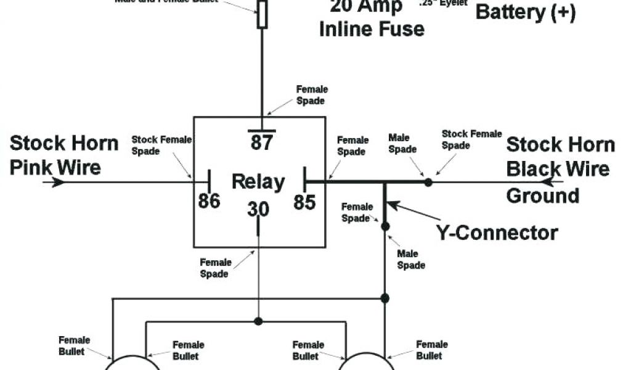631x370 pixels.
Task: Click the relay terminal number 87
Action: pos(261,142)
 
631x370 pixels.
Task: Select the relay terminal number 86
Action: pos(210,200)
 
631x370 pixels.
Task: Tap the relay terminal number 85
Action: pos(304,202)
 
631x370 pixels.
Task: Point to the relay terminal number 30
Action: pos(258,210)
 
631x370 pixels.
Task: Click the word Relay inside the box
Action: pos(258,183)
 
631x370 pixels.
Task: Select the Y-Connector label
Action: pos(497,232)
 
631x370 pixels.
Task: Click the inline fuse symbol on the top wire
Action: pos(263,14)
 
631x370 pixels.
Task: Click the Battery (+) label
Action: pos(526,12)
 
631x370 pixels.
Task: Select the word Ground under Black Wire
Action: pos(543,195)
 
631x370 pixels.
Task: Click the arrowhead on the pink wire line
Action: pos(58,183)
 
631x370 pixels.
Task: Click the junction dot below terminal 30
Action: pos(258,321)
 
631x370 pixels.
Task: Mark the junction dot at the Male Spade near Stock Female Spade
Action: pos(428,183)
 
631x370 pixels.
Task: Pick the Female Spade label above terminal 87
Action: pos(312,95)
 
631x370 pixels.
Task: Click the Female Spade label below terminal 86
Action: pos(215,268)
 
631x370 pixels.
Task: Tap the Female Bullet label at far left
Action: pos(75,345)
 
